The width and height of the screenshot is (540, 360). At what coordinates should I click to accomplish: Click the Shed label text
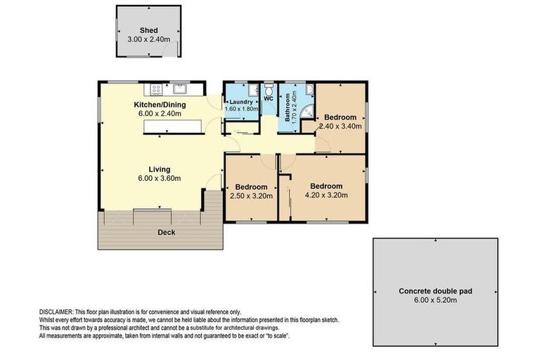point(148,30)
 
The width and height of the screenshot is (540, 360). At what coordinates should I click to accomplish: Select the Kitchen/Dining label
point(160,105)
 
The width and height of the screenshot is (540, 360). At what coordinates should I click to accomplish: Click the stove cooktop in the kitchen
point(155,89)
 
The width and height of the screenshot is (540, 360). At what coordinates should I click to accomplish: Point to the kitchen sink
point(179,89)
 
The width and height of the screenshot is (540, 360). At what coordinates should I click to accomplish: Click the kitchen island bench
point(173,127)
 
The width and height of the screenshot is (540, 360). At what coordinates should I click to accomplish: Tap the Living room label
point(160,169)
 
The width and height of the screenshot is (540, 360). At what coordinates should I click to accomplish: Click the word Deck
point(166,232)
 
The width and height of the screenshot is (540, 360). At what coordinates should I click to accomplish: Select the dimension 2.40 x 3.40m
point(340,127)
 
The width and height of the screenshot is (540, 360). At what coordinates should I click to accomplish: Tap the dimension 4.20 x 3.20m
point(329,196)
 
